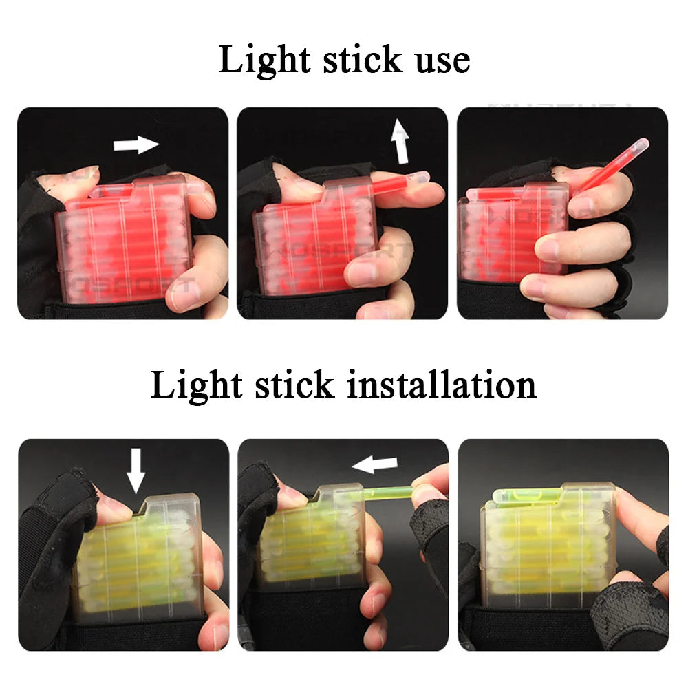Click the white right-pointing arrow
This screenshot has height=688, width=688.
click(x=136, y=144)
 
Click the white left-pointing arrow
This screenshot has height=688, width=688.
click(x=374, y=466)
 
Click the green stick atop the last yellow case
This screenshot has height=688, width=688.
click(x=530, y=493)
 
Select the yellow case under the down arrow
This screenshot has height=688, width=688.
click(x=138, y=557)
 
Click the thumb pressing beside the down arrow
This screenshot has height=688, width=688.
click(x=114, y=506)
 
